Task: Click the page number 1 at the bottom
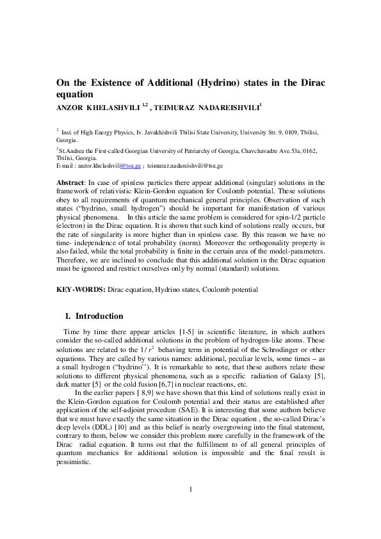coord(191,508)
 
